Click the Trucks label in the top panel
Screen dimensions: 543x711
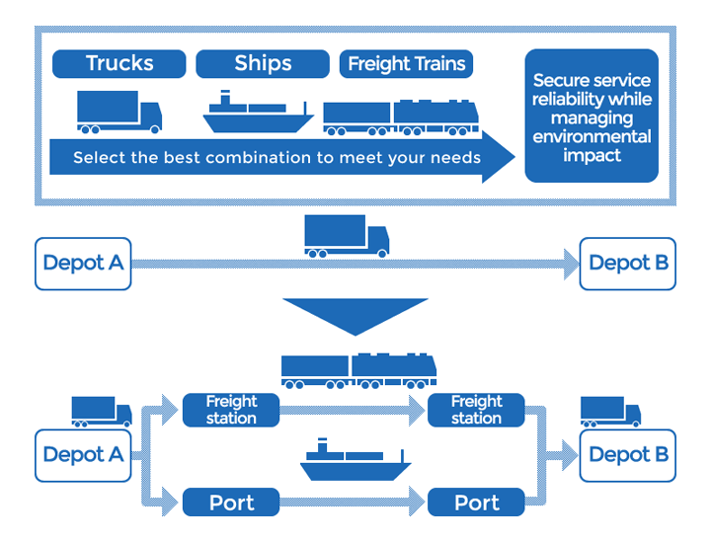coord(119,64)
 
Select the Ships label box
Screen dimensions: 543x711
coord(263,64)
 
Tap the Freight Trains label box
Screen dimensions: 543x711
coord(406,64)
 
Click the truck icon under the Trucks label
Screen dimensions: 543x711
coord(118,112)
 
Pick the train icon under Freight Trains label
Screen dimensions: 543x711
coord(401,116)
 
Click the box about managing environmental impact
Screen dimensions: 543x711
coord(592,116)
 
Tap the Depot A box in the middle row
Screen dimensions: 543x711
coord(83,264)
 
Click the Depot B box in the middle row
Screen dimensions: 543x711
coord(628,264)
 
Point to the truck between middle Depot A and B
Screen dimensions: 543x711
coord(346,237)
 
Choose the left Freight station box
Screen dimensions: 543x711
coord(231,410)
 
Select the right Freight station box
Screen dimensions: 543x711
coord(476,410)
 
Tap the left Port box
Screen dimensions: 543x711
coord(231,503)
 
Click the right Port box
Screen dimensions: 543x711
coord(476,503)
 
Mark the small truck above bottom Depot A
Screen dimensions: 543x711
coord(101,411)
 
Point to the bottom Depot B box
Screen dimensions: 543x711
coord(628,455)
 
